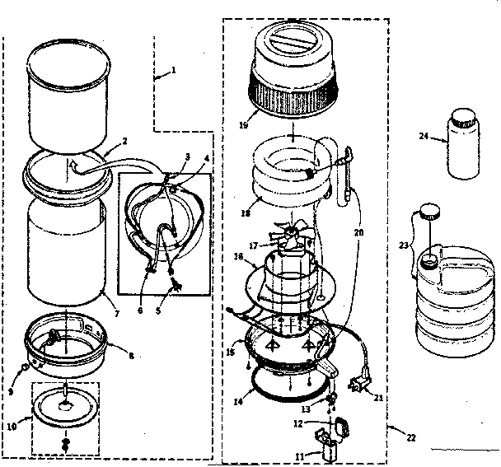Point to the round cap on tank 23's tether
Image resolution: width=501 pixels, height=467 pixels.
[x=427, y=212]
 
